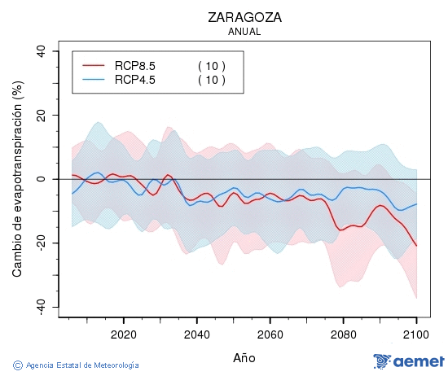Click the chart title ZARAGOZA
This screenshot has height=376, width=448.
pos(244,17)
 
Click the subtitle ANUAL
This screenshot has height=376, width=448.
pos(244,32)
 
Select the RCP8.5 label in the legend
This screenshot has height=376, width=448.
pos(135,65)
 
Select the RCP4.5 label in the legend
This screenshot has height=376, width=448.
pos(135,79)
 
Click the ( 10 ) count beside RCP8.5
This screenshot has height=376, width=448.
pos(212,65)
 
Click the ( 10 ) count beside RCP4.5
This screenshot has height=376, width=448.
pos(212,79)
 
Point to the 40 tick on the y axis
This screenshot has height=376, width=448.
pos(42,51)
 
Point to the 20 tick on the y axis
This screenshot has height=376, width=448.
pos(42,115)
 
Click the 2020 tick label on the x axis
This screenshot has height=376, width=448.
pos(123,334)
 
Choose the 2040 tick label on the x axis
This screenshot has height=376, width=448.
pos(196,334)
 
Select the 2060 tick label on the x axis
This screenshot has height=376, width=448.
pos(270,334)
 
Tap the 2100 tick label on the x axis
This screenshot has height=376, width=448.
pos(416,334)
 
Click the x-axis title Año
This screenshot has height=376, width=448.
pos(244,357)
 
